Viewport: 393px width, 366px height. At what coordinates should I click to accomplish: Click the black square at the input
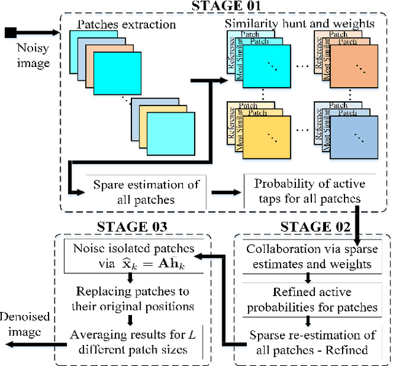pyautogui.click(x=10, y=32)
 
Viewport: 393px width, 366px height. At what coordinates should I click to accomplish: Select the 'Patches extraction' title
pyautogui.click(x=126, y=25)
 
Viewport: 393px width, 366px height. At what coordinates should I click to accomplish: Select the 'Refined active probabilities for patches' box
pyautogui.click(x=313, y=299)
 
